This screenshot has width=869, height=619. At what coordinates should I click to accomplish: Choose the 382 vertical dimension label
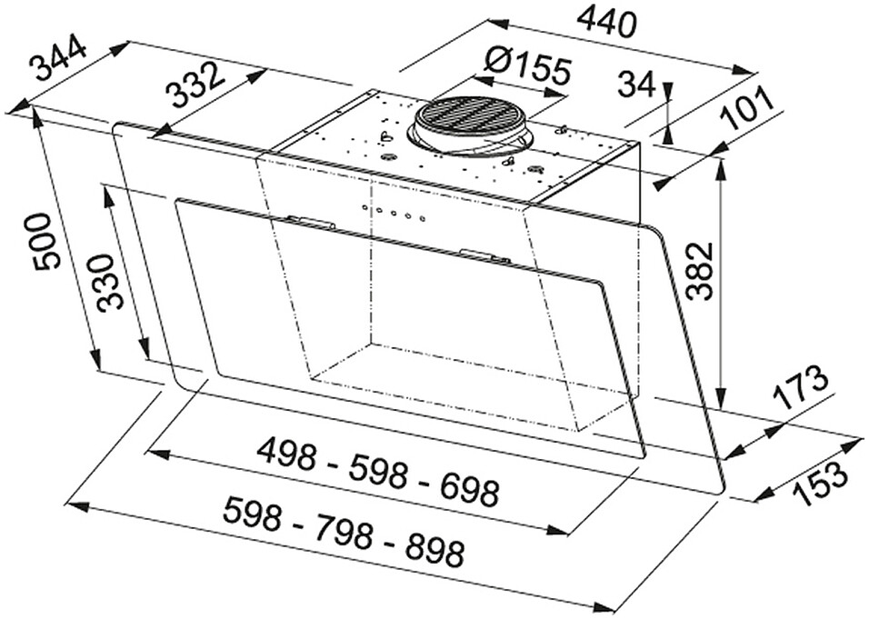click(699, 271)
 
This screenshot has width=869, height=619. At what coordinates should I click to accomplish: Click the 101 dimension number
click(747, 109)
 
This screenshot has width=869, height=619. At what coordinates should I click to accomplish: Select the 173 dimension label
click(800, 389)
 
